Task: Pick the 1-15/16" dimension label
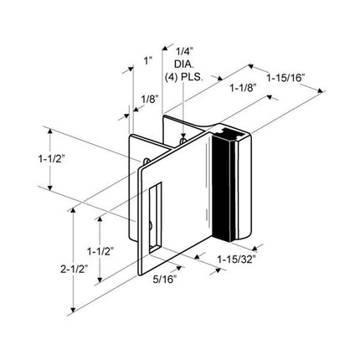pyautogui.click(x=287, y=78)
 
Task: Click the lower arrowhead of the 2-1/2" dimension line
pyautogui.click(x=76, y=307)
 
